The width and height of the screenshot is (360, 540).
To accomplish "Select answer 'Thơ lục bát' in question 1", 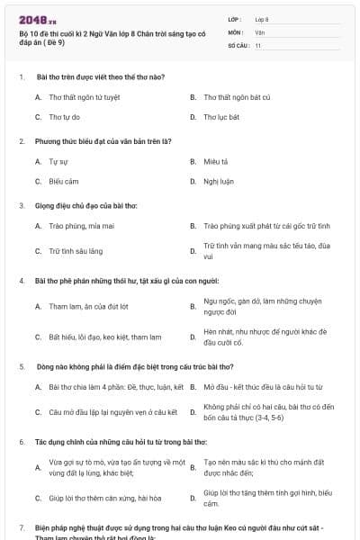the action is pyautogui.click(x=220, y=117).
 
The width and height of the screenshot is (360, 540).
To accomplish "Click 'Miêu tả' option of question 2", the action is pyautogui.click(x=216, y=162).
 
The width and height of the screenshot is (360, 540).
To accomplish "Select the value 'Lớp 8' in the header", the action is pyautogui.click(x=262, y=18).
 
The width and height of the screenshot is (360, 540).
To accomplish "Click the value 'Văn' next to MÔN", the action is pyautogui.click(x=259, y=31).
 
